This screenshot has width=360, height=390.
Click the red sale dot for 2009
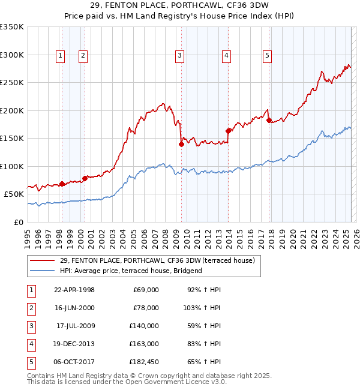pyautogui.click(x=181, y=144)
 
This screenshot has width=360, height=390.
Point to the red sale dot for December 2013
pyautogui.click(x=228, y=131)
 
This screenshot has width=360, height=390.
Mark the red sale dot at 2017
pyautogui.click(x=268, y=120)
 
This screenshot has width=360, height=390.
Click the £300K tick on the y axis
pyautogui.click(x=12, y=55)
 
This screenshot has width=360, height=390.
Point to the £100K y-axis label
pyautogui.click(x=12, y=166)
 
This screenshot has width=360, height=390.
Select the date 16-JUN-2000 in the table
pyautogui.click(x=74, y=308)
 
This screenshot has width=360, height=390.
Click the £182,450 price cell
pyautogui.click(x=144, y=362)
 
